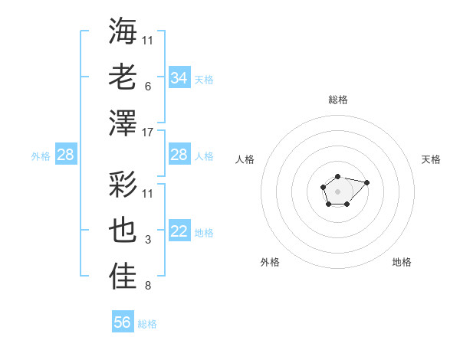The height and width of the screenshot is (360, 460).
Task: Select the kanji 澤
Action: click(123, 123)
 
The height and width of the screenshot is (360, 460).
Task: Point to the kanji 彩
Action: click(123, 185)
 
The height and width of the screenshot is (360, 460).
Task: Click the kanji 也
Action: click(123, 232)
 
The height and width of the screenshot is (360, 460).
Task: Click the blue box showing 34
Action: click(179, 77)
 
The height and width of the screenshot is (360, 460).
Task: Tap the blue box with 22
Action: click(179, 232)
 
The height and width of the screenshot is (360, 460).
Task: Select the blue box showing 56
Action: click(123, 322)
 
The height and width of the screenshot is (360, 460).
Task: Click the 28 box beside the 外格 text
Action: click(66, 155)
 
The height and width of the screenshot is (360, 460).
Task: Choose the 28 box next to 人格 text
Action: click(179, 155)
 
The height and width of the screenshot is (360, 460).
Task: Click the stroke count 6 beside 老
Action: click(147, 87)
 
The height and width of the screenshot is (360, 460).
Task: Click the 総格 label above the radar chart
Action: click(338, 100)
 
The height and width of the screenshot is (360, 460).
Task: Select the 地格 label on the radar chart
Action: click(402, 262)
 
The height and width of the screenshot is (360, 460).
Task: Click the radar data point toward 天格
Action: click(366, 182)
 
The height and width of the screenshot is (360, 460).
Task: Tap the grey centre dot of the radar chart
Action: click(337, 191)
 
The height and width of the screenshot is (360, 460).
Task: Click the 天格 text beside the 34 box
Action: click(204, 78)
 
